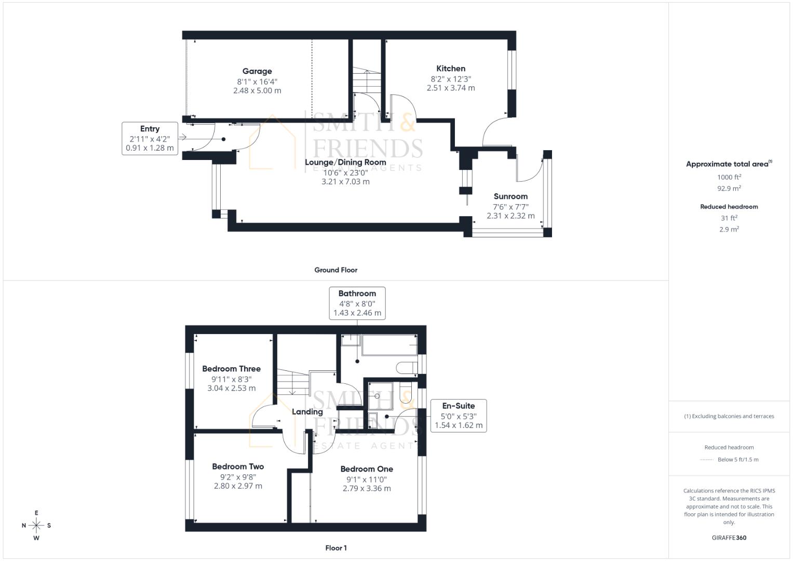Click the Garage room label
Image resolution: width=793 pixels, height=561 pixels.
click(257, 72)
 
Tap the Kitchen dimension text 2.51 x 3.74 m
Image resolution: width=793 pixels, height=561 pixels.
click(451, 88)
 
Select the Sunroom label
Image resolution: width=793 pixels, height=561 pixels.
click(510, 196)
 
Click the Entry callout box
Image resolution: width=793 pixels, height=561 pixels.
click(150, 138)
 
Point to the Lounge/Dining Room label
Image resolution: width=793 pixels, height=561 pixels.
click(345, 162)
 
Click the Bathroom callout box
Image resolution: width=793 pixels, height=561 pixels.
click(357, 303)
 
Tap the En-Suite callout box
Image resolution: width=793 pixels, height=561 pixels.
click(458, 416)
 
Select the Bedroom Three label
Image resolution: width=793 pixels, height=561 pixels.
click(231, 369)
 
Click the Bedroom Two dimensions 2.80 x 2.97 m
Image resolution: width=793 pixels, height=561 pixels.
click(238, 486)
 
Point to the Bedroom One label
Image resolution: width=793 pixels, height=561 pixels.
click(367, 469)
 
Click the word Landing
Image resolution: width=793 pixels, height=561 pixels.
click(307, 412)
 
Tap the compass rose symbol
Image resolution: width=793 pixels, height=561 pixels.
click(36, 525)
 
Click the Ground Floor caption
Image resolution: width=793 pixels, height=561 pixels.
click(335, 270)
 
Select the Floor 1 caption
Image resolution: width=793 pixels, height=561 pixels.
click(335, 548)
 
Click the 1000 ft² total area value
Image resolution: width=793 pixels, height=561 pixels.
click(729, 177)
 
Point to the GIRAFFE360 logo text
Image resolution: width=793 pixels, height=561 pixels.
click(729, 538)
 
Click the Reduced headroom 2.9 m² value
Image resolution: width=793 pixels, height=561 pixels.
click(729, 229)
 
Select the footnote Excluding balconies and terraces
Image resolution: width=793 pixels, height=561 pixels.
click(729, 416)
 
